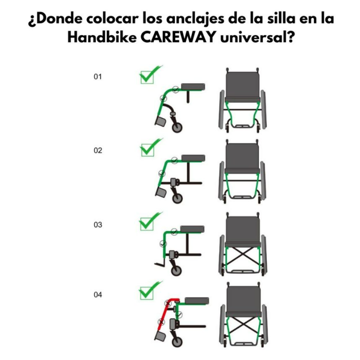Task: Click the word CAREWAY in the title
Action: [178, 37]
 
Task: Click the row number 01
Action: [98, 76]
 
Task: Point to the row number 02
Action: [98, 150]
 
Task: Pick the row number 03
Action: [98, 225]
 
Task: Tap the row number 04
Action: [98, 295]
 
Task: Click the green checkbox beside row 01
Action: [147, 77]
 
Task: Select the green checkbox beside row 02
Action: [148, 150]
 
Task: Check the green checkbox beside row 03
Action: [147, 224]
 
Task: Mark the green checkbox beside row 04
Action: [147, 293]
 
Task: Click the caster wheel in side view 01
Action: [177, 127]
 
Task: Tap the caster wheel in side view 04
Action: [177, 342]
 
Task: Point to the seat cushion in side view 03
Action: [193, 229]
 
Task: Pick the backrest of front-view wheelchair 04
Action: [244, 299]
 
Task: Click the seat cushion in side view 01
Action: [193, 87]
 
